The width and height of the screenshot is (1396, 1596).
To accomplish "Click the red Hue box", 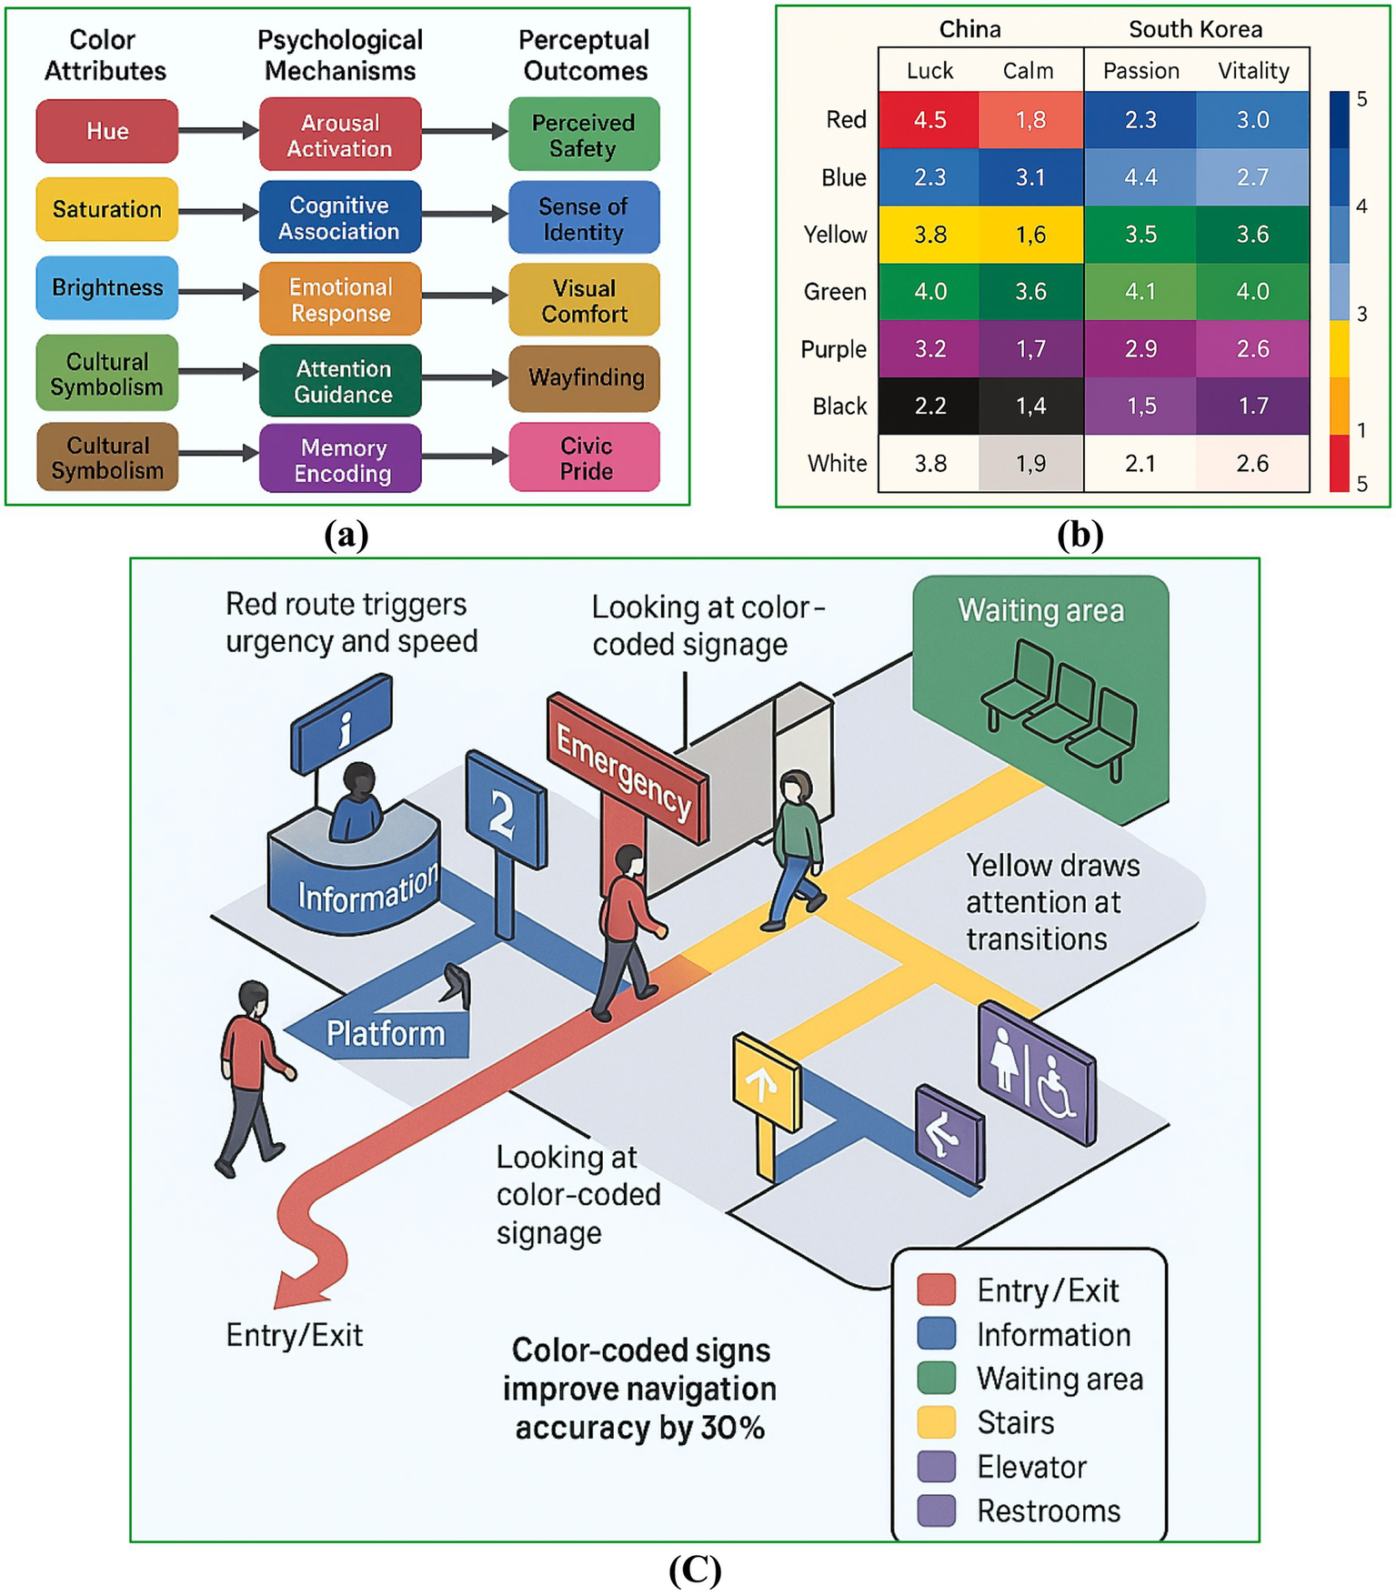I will tap(106, 131).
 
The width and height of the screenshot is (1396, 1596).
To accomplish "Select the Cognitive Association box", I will tap(339, 217).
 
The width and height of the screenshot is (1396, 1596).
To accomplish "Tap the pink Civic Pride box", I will tap(585, 457).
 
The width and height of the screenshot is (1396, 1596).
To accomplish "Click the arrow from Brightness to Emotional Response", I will tap(218, 291).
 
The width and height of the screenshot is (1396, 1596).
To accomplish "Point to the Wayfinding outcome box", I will tap(585, 377).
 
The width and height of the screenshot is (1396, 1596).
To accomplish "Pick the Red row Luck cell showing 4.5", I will tap(929, 120).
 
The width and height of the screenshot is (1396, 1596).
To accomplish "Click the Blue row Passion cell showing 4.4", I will tap(1140, 177).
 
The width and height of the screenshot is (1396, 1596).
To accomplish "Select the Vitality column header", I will tap(1253, 71).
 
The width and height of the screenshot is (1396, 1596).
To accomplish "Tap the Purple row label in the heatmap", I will tap(833, 349).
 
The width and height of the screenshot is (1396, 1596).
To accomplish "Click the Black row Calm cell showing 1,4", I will tap(1030, 407).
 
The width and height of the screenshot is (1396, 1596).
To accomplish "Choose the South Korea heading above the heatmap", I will tap(1195, 29).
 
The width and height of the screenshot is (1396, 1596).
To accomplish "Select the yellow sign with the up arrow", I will tap(766, 1082).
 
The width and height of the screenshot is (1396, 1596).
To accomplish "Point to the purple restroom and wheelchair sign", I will tap(1037, 1072).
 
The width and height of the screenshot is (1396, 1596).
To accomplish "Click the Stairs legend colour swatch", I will tap(937, 1421).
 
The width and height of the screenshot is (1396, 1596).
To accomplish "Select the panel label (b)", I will tap(1080, 534).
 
